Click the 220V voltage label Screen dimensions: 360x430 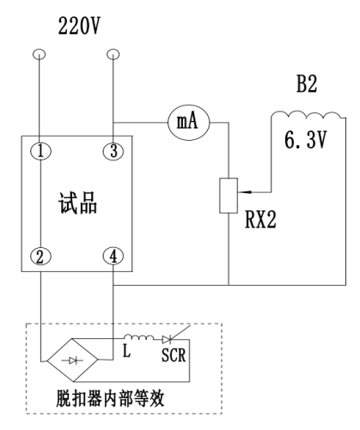pos(79,26)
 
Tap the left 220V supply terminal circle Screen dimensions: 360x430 pos(40,51)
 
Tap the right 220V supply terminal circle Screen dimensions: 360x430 pos(113,51)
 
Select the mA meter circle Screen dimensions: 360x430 pos(188,123)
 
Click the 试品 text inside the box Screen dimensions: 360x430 pos(77,203)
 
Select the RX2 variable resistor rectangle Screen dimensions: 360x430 pos(229,196)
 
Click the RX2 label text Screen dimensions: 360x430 pos(260,220)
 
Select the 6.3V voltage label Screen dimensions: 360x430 pos(305,140)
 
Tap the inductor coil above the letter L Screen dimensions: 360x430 pos(139,336)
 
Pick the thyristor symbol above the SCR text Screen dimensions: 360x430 pos(168,339)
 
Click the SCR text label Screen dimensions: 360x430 pos(174,355)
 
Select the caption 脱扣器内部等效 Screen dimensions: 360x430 pos(110,398)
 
